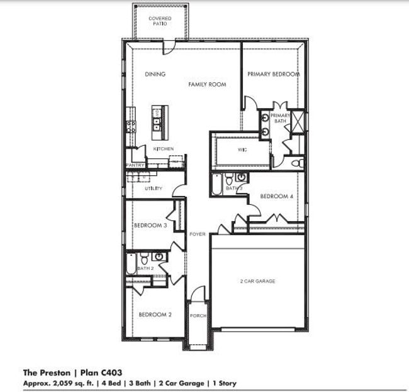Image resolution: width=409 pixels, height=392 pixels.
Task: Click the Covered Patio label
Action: [160, 21]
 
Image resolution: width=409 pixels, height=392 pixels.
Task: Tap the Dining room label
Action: [155, 74]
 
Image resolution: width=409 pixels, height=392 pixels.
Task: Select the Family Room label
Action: [207, 84]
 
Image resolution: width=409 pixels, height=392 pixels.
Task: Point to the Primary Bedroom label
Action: [273, 74]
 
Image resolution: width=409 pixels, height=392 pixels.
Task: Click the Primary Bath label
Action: [280, 118]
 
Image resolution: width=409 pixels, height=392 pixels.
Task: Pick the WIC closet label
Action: [242, 150]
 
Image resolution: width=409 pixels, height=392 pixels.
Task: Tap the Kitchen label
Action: [164, 149]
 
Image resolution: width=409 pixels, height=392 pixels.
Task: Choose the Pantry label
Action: [135, 165]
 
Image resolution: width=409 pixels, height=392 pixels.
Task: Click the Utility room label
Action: [154, 188]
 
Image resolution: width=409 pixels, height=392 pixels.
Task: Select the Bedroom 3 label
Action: [150, 226]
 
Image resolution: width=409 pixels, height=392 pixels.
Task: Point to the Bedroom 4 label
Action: [276, 197]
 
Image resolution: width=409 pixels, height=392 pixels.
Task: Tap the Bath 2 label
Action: [145, 268]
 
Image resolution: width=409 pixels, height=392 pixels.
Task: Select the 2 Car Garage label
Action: [257, 281]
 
